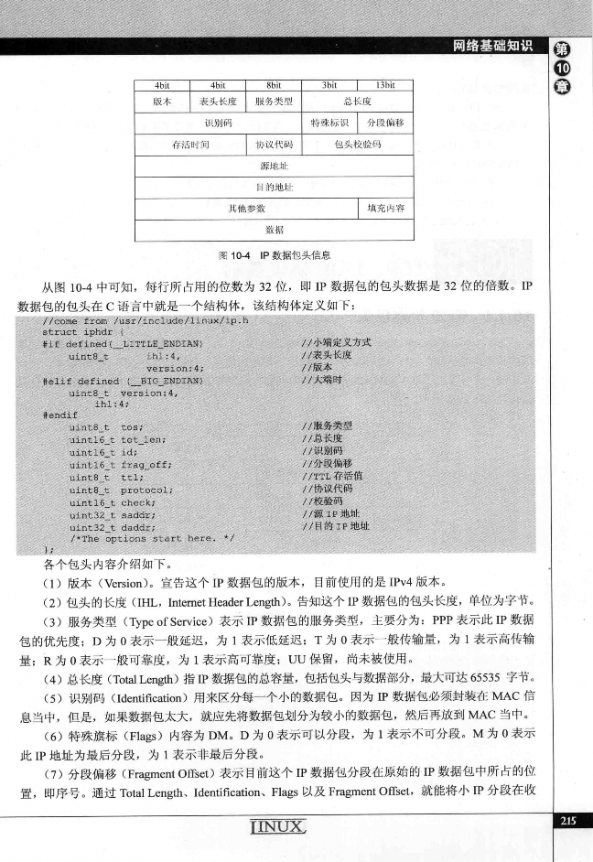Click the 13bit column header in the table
pos(385,84)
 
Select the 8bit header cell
pos(274,84)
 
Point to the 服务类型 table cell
pos(274,101)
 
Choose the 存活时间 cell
pos(190,145)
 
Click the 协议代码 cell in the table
pos(274,145)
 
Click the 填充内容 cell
pos(385,209)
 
